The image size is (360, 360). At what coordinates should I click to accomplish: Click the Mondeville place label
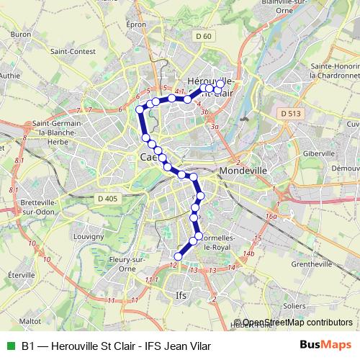tap(243, 171)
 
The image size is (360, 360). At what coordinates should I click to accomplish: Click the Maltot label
tap(30, 321)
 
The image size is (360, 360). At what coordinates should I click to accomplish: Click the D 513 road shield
tap(291, 114)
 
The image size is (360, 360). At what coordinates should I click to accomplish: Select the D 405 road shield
tap(107, 198)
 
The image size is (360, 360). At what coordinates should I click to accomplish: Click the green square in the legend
tap(9, 346)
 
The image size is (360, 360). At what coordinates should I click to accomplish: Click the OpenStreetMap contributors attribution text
tap(297, 323)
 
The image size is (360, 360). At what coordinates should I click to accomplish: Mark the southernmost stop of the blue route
tap(179, 256)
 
